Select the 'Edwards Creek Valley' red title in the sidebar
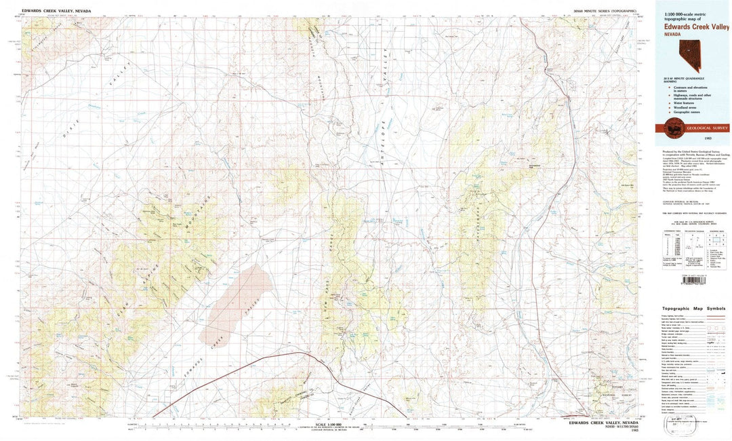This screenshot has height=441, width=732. [697, 26]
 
